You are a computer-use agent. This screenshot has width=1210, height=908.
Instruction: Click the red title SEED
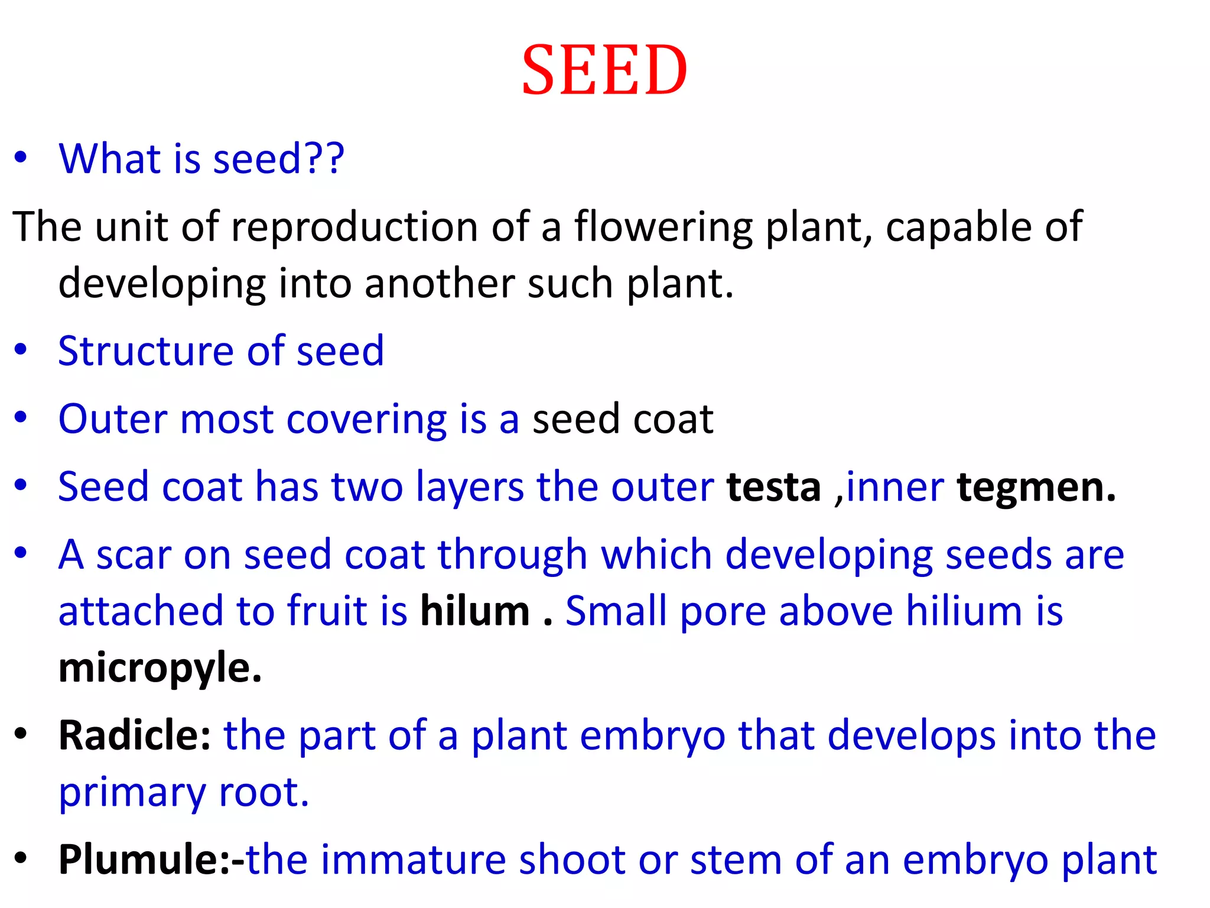pos(604,70)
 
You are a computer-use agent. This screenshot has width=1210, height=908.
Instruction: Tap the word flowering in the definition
pos(663,227)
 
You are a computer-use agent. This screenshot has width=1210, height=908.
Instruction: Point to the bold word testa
pos(773,487)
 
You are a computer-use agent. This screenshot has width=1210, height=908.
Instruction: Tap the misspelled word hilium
pos(964,611)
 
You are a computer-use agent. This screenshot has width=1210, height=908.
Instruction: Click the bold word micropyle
pos(160,668)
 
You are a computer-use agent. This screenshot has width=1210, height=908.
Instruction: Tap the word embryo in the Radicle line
pos(653,737)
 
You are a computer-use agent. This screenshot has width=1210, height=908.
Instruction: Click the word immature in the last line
pos(413,860)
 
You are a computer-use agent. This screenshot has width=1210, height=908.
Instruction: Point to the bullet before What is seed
pos(21,158)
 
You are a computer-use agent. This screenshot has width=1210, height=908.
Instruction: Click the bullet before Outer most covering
pos(21,417)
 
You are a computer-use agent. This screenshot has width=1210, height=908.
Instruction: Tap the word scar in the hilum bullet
pos(134,556)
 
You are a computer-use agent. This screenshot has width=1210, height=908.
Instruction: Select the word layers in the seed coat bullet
pos(470,487)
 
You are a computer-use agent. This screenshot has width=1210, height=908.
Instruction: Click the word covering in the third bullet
pos(366,420)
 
